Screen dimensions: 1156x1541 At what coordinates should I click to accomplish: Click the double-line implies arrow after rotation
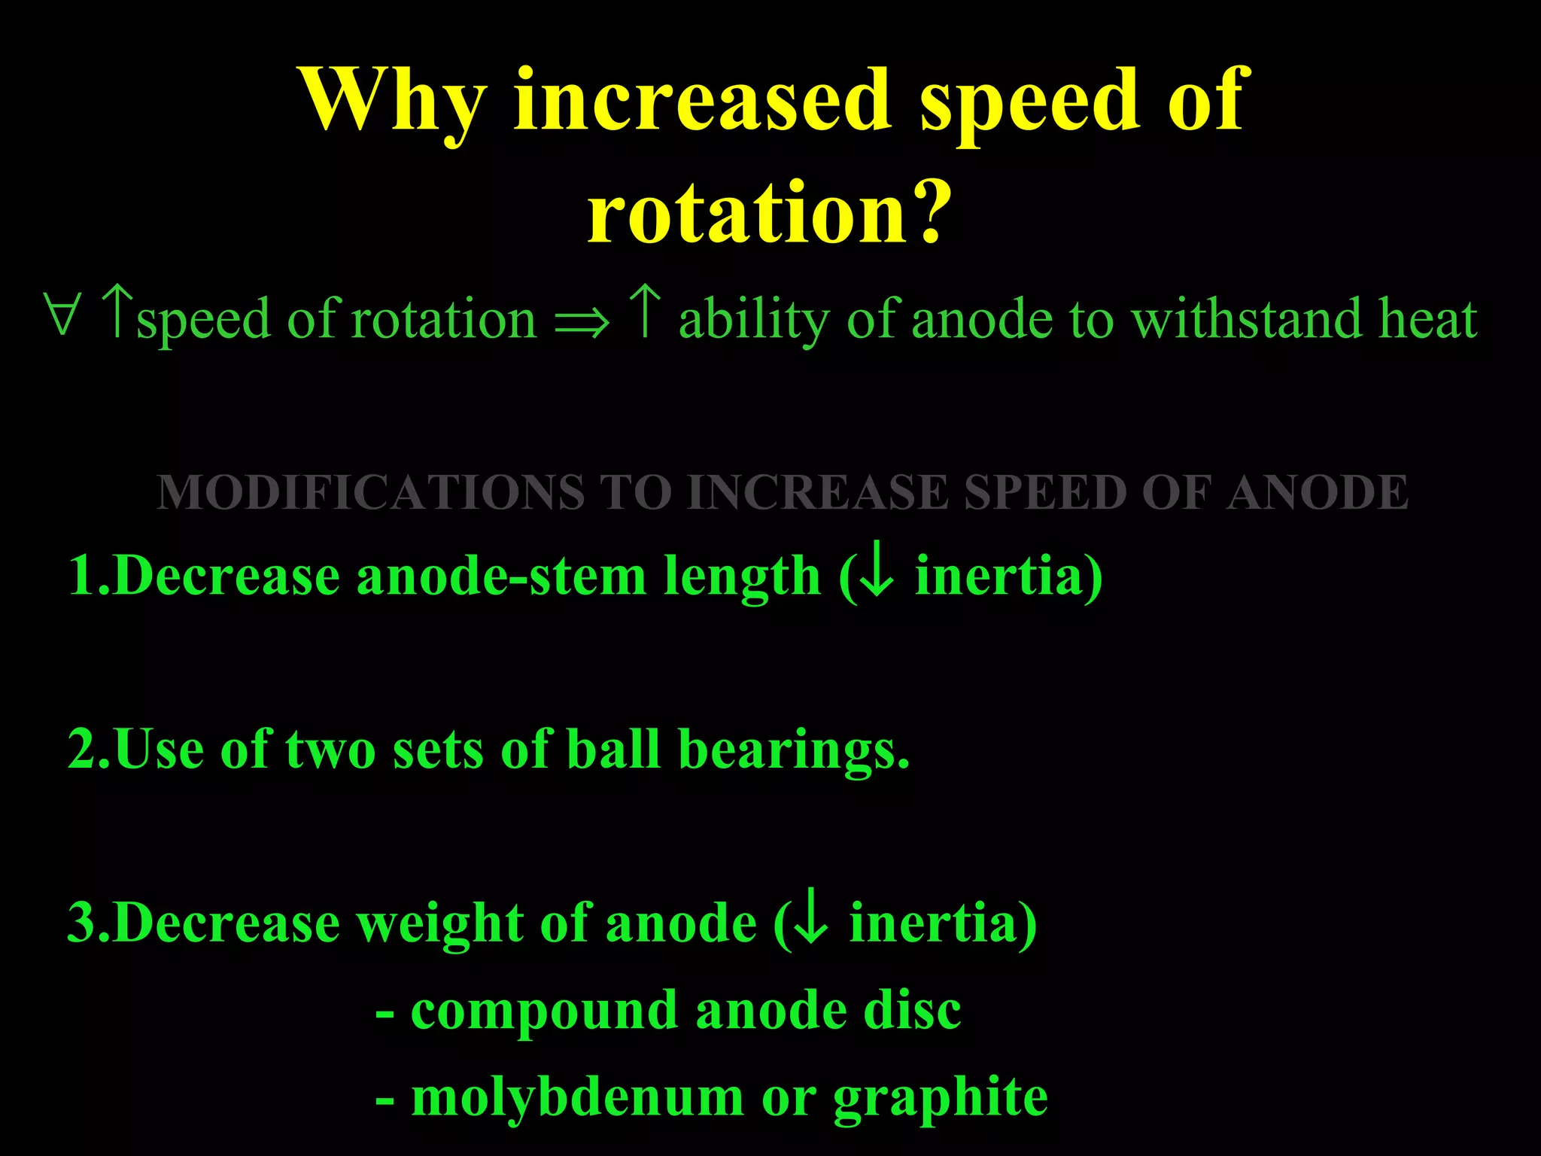[x=582, y=322]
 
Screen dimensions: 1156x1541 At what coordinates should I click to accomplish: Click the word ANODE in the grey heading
[x=1317, y=492]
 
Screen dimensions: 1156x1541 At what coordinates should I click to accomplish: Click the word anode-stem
[x=500, y=576]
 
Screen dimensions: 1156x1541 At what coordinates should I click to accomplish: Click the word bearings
[x=793, y=750]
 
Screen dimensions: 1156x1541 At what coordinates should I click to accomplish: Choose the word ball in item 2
[x=612, y=750]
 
